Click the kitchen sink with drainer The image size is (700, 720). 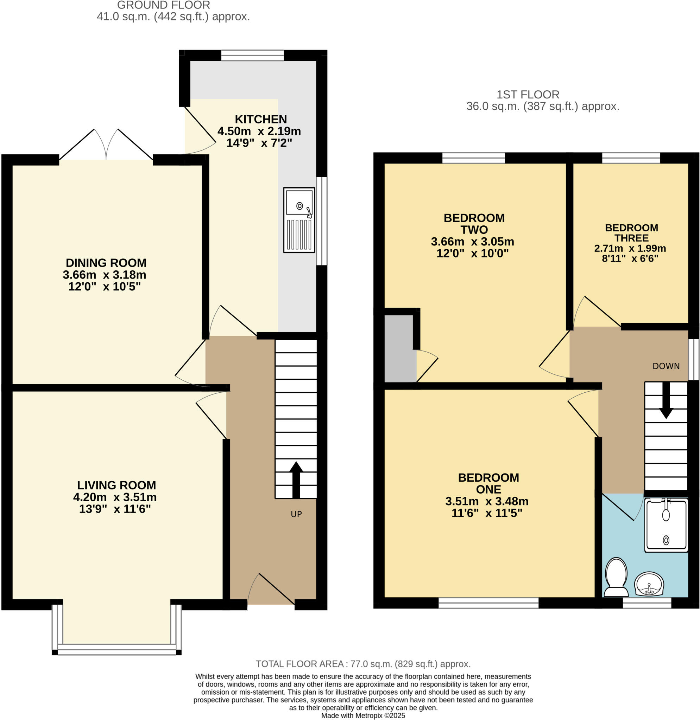(299, 220)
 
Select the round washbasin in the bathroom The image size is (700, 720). (649, 584)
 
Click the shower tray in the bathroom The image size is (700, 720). (666, 525)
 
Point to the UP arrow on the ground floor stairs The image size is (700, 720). (296, 480)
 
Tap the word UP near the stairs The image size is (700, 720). (296, 514)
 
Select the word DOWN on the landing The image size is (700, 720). (666, 366)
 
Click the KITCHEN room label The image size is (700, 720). (261, 120)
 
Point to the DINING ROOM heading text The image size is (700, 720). (106, 263)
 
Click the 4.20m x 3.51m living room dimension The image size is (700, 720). (115, 497)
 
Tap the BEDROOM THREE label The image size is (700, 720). (631, 232)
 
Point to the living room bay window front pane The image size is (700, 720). (116, 652)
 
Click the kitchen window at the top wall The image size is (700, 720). (253, 56)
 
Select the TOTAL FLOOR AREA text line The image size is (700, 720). (363, 664)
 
